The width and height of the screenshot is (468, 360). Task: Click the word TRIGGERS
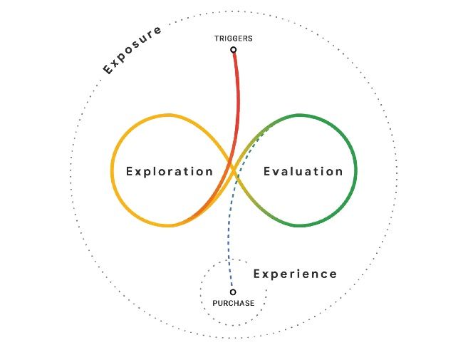tap(233, 38)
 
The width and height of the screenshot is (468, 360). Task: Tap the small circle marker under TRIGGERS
tap(234, 50)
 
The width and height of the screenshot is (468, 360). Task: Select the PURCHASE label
tap(233, 304)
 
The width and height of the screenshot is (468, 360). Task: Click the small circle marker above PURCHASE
tap(233, 292)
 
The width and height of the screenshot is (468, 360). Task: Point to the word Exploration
tap(170, 171)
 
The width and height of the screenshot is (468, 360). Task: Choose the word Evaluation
tap(303, 171)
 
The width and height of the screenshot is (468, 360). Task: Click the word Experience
tap(295, 274)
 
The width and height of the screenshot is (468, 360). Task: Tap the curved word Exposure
tap(132, 49)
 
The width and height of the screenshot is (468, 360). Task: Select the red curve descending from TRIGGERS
tap(238, 107)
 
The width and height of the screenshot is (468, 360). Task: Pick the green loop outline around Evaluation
tap(355, 171)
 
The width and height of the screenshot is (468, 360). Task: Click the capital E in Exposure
tap(108, 70)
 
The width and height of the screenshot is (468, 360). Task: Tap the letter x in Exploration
tap(138, 171)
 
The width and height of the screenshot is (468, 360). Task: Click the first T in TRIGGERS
tap(217, 38)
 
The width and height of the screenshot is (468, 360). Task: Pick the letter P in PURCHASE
tap(215, 304)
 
